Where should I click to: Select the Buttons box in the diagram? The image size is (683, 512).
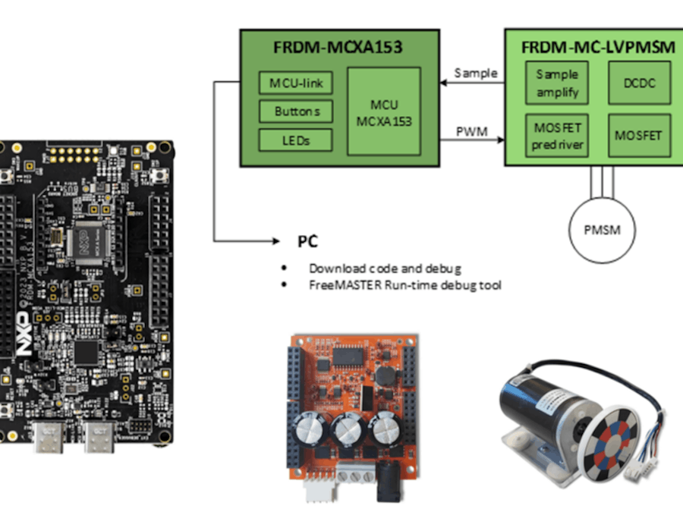[x=295, y=112]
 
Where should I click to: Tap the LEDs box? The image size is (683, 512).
[x=295, y=140]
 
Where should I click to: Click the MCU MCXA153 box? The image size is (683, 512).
[x=384, y=112]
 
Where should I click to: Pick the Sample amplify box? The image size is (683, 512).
[x=557, y=83]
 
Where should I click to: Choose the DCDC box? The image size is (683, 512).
[x=639, y=83]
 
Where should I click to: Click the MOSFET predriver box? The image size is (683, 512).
[x=557, y=136]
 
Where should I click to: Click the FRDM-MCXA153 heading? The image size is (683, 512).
[x=338, y=48]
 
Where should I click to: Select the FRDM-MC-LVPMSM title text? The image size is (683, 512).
[x=598, y=48]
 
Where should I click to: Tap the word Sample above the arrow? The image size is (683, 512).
[x=476, y=73]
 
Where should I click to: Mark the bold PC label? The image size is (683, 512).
[x=307, y=242]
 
